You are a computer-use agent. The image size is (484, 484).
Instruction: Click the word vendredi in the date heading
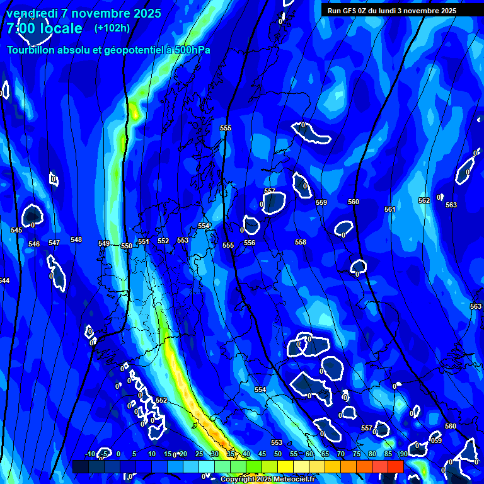click(32, 13)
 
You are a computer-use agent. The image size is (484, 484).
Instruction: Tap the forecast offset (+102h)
click(112, 28)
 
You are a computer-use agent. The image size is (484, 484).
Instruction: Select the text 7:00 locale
click(44, 28)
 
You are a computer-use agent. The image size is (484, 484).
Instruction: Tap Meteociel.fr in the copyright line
click(292, 479)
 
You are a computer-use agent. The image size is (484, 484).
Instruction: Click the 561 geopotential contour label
click(390, 209)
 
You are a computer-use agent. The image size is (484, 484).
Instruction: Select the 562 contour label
click(424, 200)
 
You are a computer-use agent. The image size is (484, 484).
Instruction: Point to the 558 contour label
click(301, 242)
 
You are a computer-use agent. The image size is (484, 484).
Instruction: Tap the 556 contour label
click(250, 243)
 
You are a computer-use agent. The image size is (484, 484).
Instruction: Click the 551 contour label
click(144, 241)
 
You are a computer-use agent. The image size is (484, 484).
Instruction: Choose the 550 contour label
click(127, 246)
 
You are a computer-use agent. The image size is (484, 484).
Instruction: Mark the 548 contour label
click(76, 239)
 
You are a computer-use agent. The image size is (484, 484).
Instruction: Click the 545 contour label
click(16, 230)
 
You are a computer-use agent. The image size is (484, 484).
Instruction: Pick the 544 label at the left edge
click(4, 280)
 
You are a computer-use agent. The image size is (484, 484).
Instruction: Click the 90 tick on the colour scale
click(403, 454)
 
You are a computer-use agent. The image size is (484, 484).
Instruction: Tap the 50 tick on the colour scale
click(278, 454)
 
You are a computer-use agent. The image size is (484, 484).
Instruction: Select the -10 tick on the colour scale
click(90, 454)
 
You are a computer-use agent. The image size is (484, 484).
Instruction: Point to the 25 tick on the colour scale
click(199, 454)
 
